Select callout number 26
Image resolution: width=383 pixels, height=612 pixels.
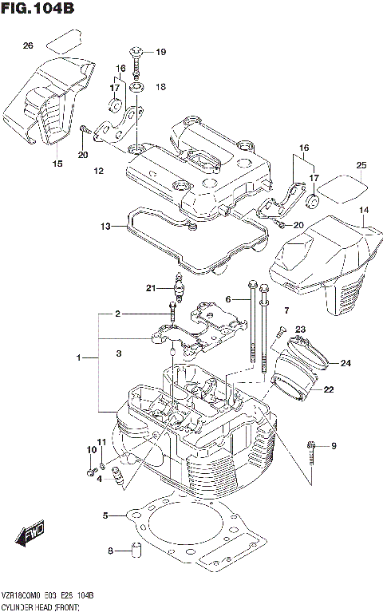point(28,45)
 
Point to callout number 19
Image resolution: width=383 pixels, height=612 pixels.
point(160,53)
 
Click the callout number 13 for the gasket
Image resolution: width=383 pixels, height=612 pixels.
point(106,227)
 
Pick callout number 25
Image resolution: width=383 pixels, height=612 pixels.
point(361,165)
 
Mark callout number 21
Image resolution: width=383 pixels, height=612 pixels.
point(149,288)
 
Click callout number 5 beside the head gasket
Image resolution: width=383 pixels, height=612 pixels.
point(105,516)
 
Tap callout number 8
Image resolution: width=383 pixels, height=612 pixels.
point(111,551)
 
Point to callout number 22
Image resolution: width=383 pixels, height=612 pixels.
point(329,389)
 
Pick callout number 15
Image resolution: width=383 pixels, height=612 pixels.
point(57,164)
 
